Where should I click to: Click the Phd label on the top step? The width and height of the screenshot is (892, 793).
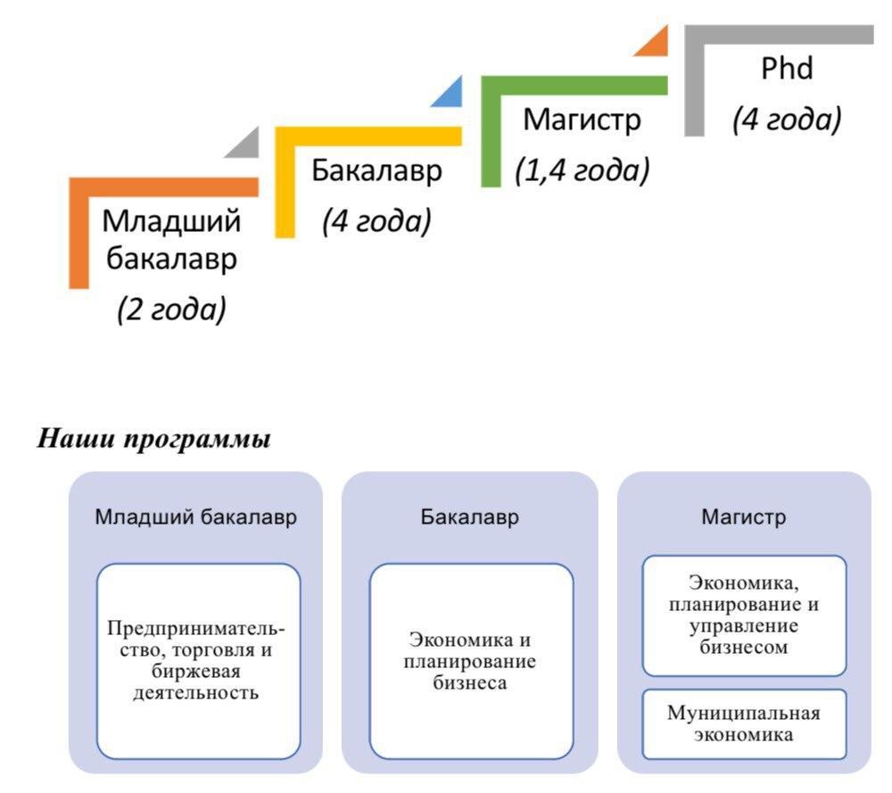(x=787, y=69)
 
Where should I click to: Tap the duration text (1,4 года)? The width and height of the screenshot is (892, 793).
(x=582, y=170)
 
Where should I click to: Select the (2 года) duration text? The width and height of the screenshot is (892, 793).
(x=172, y=310)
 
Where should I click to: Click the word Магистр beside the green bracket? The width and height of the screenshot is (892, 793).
(x=582, y=120)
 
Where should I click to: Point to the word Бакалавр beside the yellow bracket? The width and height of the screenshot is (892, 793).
(x=376, y=170)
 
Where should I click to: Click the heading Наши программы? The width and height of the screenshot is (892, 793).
(x=153, y=439)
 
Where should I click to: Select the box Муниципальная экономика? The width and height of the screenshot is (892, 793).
(x=744, y=724)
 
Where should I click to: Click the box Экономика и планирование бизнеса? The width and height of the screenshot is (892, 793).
(x=471, y=661)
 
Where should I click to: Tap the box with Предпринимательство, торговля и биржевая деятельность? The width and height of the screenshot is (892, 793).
(x=199, y=661)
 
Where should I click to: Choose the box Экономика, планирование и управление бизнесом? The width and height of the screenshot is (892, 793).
(x=744, y=615)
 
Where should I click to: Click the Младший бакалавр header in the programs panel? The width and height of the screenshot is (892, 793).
(x=195, y=517)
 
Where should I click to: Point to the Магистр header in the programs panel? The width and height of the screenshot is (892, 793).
(x=744, y=517)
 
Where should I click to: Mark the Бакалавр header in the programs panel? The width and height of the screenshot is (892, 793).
(x=470, y=517)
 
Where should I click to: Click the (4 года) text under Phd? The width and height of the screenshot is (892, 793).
(x=787, y=120)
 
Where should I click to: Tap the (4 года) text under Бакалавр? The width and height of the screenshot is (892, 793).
(x=376, y=221)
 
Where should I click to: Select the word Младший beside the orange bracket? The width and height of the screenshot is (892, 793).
(x=171, y=220)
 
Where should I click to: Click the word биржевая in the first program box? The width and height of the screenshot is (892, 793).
(x=196, y=672)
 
